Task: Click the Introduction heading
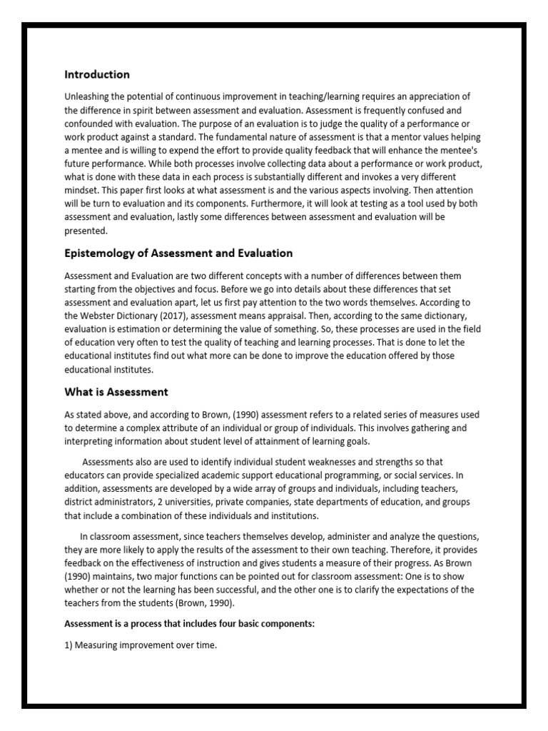coord(97,74)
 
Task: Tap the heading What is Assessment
coord(116,391)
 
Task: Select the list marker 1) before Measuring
coord(69,645)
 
